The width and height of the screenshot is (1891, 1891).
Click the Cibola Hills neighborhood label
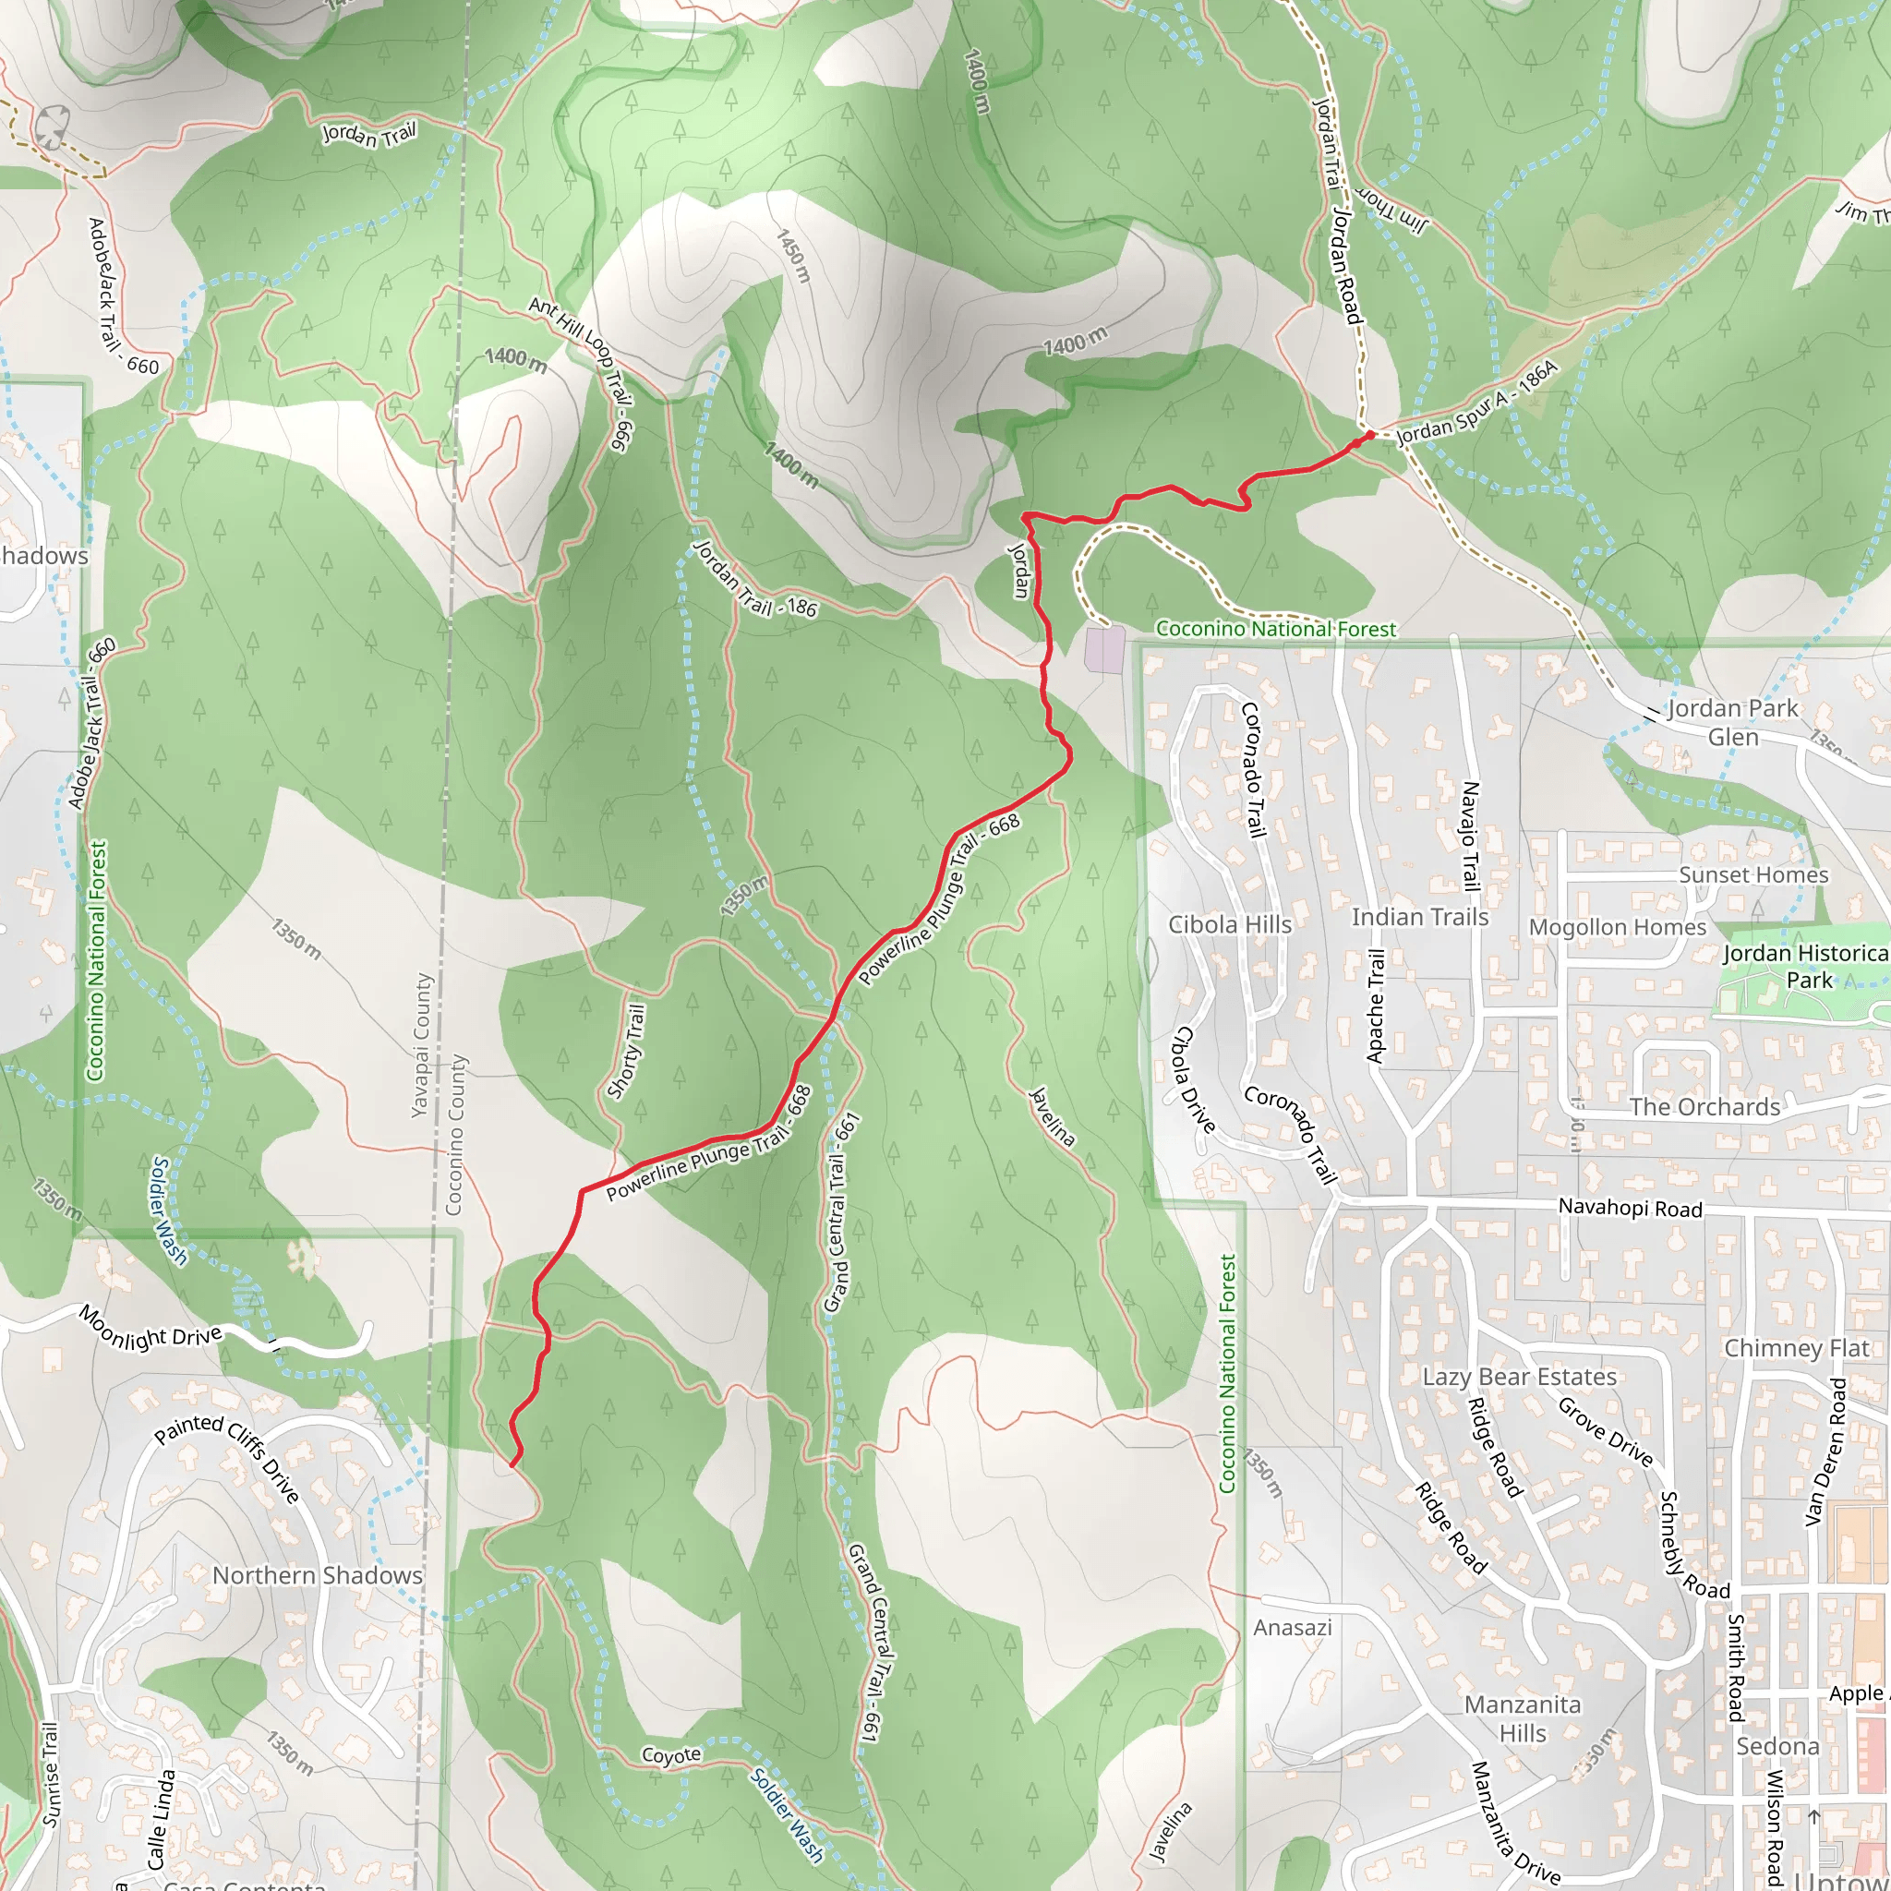point(1229,925)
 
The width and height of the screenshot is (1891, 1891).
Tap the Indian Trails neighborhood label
point(1419,917)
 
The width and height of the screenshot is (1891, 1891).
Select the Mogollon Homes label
point(1617,927)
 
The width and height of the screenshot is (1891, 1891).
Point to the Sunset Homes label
point(1753,875)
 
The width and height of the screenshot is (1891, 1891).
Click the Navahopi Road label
point(1630,1208)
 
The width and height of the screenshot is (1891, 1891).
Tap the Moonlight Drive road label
point(151,1328)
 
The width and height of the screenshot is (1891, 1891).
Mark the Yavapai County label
point(421,1044)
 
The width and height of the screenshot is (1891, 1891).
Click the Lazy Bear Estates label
point(1519,1376)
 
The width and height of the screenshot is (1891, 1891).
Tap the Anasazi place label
point(1292,1627)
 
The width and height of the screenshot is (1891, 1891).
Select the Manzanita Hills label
point(1522,1718)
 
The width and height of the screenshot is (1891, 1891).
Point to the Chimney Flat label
point(1796,1348)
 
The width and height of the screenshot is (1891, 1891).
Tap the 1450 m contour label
point(794,256)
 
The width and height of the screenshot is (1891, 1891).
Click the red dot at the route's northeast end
point(1369,435)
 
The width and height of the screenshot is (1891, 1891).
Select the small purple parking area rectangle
point(1105,650)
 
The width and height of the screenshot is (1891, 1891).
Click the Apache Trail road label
point(1376,1006)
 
